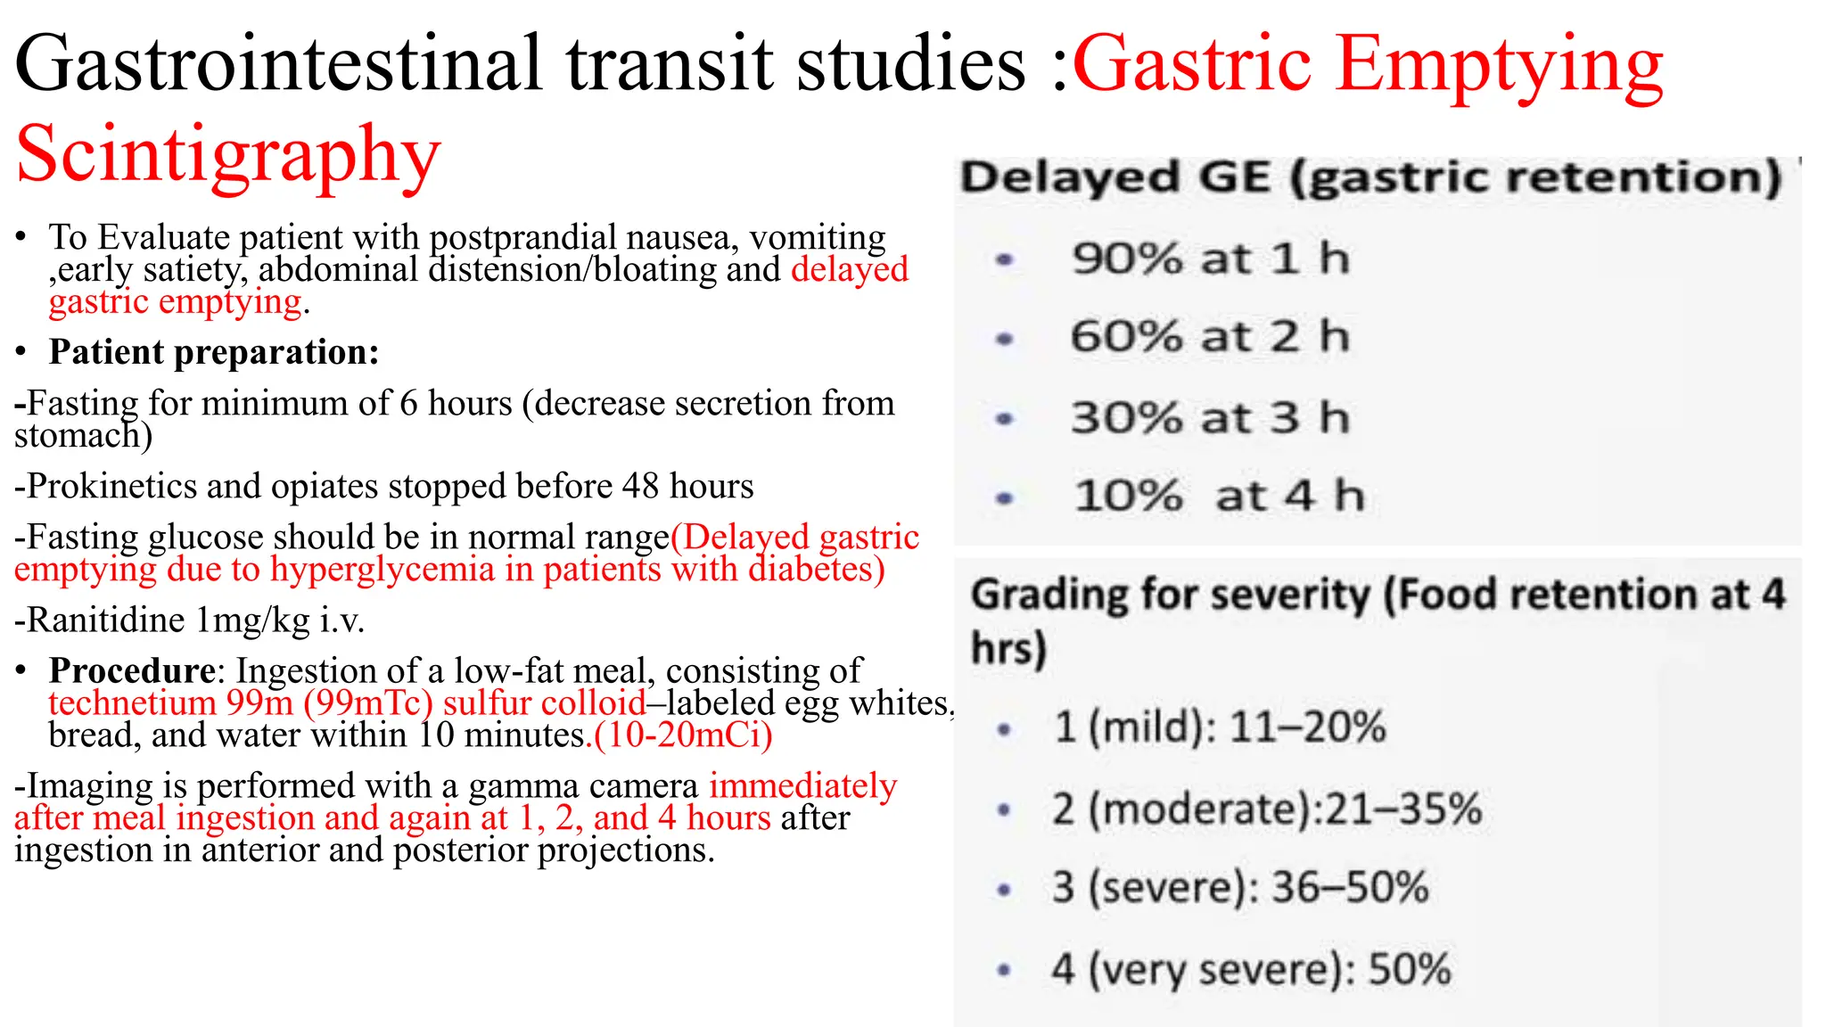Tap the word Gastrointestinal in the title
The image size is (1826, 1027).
pyautogui.click(x=278, y=64)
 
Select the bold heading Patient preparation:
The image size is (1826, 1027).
pyautogui.click(x=214, y=352)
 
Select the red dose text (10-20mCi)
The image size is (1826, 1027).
pyautogui.click(x=683, y=735)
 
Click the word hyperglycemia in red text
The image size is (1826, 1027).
pyautogui.click(x=382, y=570)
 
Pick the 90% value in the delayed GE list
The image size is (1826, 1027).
pyautogui.click(x=1127, y=259)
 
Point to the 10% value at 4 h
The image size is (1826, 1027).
pyautogui.click(x=1128, y=497)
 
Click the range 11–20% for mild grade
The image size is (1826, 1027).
pyautogui.click(x=1308, y=727)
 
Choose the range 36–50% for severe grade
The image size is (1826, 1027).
pyautogui.click(x=1350, y=888)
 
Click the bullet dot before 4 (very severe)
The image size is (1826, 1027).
pyautogui.click(x=1004, y=970)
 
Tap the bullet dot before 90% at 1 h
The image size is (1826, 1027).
pyautogui.click(x=1005, y=260)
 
